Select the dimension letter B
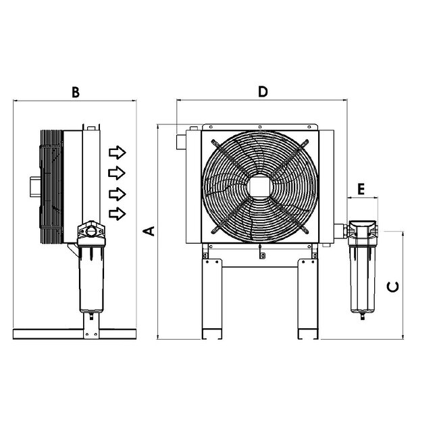(76, 93)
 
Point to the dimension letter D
(263, 91)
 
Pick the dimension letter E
(361, 189)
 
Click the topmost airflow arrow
(118, 151)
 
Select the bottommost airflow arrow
(118, 213)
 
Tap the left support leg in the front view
(211, 297)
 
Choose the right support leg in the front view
(308, 297)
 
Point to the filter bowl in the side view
(91, 277)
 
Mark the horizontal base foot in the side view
(74, 334)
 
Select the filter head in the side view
(91, 234)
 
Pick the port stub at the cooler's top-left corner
(180, 140)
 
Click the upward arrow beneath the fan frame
(261, 255)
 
